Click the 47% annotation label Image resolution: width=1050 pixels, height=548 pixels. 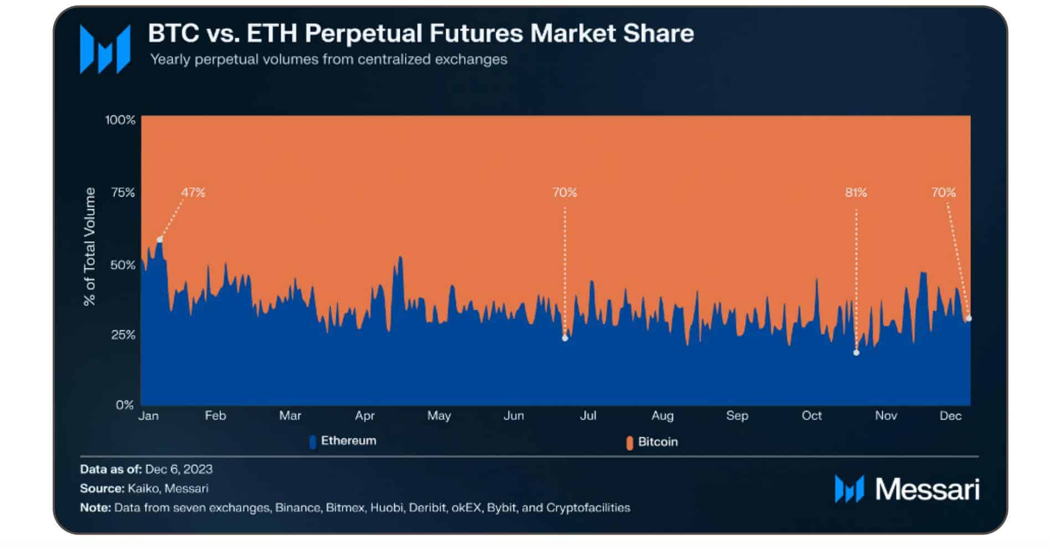193,193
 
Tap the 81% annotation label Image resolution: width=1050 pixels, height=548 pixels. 856,193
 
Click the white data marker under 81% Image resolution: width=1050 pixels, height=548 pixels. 856,353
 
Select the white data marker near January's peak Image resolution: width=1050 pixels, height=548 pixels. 159,240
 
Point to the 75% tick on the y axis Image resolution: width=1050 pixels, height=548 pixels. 123,193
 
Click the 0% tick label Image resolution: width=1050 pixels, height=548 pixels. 125,405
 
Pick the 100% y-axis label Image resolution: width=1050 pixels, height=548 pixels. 120,120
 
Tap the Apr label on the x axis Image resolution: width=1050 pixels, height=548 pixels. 365,416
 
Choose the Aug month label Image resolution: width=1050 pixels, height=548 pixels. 662,416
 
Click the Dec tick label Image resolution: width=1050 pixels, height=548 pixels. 950,416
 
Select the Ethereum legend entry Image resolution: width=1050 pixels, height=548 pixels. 343,441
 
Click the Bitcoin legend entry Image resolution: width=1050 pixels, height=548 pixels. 652,442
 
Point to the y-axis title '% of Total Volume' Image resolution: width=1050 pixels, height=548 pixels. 89,246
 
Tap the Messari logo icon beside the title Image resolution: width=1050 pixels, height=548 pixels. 105,49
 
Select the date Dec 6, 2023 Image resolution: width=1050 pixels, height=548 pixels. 179,469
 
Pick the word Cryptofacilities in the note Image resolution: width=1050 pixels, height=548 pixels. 588,508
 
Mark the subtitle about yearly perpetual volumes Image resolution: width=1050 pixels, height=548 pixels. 329,59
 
